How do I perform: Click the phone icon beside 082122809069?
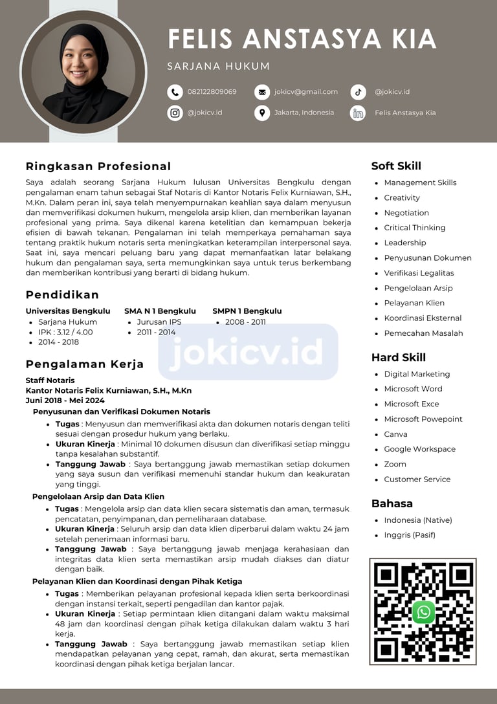coord(175,92)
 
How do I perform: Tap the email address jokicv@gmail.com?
coord(305,92)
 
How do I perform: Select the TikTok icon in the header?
coord(359,92)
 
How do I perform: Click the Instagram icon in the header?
coord(175,113)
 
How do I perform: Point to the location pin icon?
coord(262,113)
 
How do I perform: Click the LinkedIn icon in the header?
coord(359,113)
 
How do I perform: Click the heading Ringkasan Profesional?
coord(98,166)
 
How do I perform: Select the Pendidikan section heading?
coord(62,294)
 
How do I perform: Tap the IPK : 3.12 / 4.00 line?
coord(65,332)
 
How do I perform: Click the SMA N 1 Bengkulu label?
coord(160,311)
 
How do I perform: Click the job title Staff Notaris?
coord(50,380)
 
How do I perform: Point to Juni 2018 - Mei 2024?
coord(65,401)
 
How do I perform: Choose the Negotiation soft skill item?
coord(406,213)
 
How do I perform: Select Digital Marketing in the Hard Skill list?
coord(417,374)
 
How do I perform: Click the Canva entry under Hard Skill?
coord(395,434)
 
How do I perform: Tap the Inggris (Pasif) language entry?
coord(410,535)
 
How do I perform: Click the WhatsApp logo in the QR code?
coord(423,611)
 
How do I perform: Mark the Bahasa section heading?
coord(392,503)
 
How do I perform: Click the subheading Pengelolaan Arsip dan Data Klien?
coord(98,496)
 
